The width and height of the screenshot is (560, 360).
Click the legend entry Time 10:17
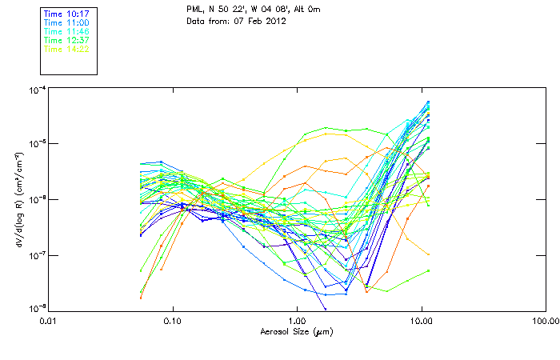(66, 14)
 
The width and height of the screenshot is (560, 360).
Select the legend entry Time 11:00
(66, 22)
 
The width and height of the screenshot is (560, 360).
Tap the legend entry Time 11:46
(66, 31)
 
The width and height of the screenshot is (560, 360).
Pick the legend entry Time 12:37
(66, 40)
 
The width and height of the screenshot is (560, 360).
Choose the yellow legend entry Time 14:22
(66, 49)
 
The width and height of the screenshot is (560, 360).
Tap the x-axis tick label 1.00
(297, 321)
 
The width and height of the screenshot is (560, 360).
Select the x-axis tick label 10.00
(421, 321)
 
